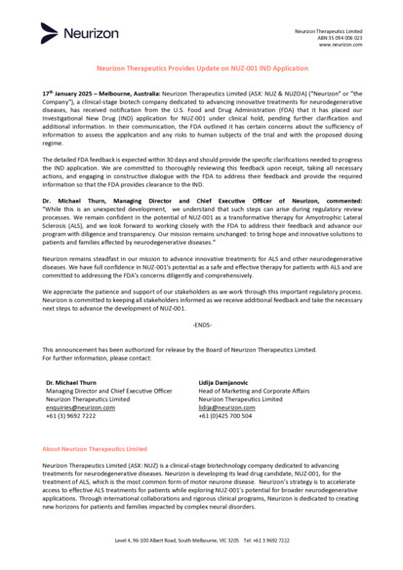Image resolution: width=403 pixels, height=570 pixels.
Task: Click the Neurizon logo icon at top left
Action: tap(49, 34)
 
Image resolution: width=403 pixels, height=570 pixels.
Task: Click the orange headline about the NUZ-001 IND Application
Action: tap(201, 71)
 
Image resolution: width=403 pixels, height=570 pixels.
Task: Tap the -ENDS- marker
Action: tap(201, 324)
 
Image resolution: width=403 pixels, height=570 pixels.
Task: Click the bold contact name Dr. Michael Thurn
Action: tap(71, 383)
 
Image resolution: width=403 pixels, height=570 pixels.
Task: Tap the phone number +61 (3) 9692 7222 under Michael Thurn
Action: tap(71, 416)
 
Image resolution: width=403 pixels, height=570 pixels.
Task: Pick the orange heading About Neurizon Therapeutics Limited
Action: tap(95, 449)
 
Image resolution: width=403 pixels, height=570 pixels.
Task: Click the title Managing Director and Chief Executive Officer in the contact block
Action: tap(109, 391)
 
